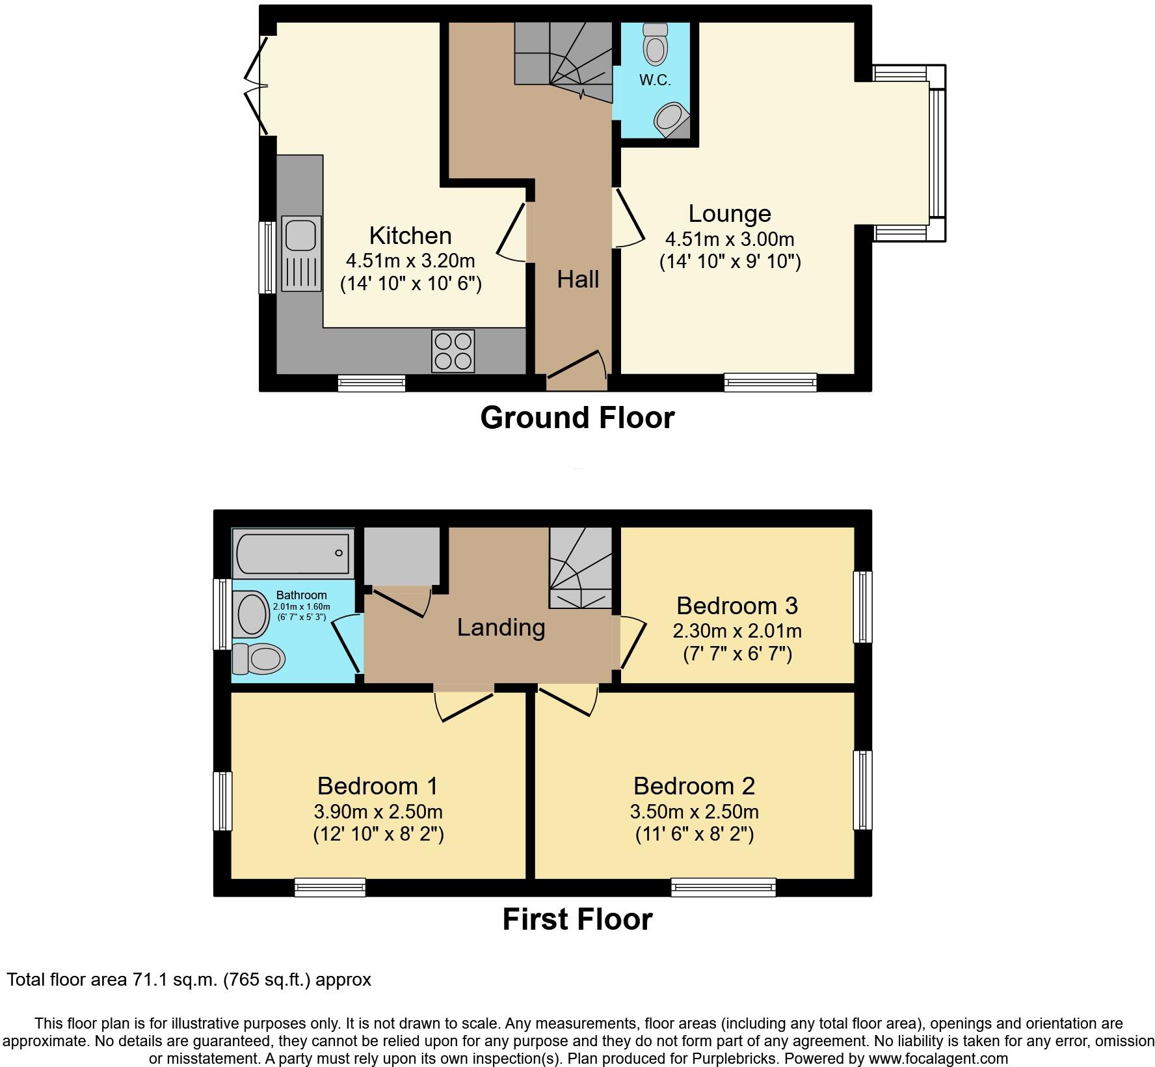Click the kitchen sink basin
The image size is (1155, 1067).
point(300,234)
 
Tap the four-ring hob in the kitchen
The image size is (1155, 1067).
point(453,351)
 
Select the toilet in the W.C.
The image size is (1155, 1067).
point(655,44)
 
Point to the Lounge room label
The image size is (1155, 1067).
point(730,213)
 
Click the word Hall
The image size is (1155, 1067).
point(577,280)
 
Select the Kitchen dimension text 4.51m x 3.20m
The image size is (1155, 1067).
point(410,261)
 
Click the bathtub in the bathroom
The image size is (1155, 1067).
point(293,552)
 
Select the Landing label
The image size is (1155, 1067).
point(501,627)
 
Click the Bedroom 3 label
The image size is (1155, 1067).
point(737,606)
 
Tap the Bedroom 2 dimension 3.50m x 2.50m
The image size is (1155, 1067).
point(694,811)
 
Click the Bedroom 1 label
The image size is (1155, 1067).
point(377,786)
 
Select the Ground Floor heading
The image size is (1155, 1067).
point(577,418)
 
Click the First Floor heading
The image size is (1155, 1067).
point(577,919)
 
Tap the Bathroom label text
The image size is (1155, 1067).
point(301,595)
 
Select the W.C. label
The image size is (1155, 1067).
point(654,81)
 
